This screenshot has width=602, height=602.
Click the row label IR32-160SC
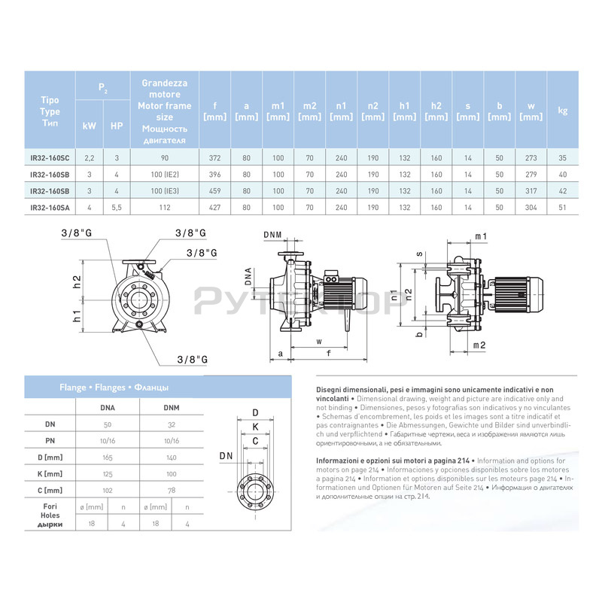click(50, 158)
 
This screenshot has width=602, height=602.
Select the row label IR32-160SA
click(50, 207)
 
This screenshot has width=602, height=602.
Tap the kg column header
click(561, 110)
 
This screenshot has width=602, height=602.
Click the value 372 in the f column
click(215, 158)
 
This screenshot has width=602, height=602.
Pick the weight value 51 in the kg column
click(561, 207)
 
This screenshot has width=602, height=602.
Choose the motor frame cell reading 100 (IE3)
click(165, 191)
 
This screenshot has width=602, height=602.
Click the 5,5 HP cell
click(117, 207)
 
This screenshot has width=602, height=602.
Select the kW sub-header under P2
click(88, 126)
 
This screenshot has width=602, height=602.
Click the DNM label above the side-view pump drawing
click(273, 235)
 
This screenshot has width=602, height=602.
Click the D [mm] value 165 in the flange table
click(108, 457)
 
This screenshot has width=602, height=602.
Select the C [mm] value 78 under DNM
click(171, 490)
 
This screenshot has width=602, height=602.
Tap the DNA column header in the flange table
click(108, 407)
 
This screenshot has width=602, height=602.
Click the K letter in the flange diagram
click(255, 427)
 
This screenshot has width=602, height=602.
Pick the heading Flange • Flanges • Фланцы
click(114, 388)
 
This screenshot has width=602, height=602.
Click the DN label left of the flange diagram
click(225, 456)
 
